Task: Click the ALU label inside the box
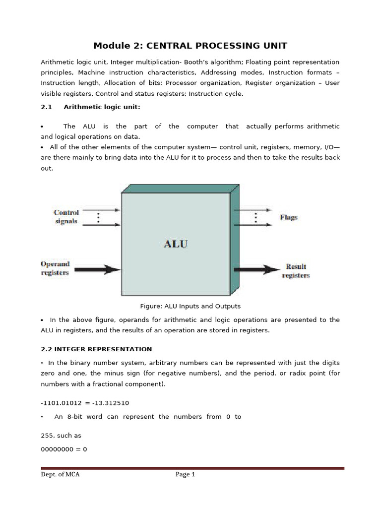[176, 244]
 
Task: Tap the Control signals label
[66, 217]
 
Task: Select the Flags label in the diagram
[289, 217]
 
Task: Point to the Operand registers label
[55, 267]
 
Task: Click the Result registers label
[296, 271]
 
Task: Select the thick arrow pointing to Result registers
[256, 270]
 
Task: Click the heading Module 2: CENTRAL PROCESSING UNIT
[190, 46]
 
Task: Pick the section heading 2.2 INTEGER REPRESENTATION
[96, 349]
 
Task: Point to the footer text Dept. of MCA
[60, 475]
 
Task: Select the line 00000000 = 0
[63, 449]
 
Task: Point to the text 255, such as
[61, 436]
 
